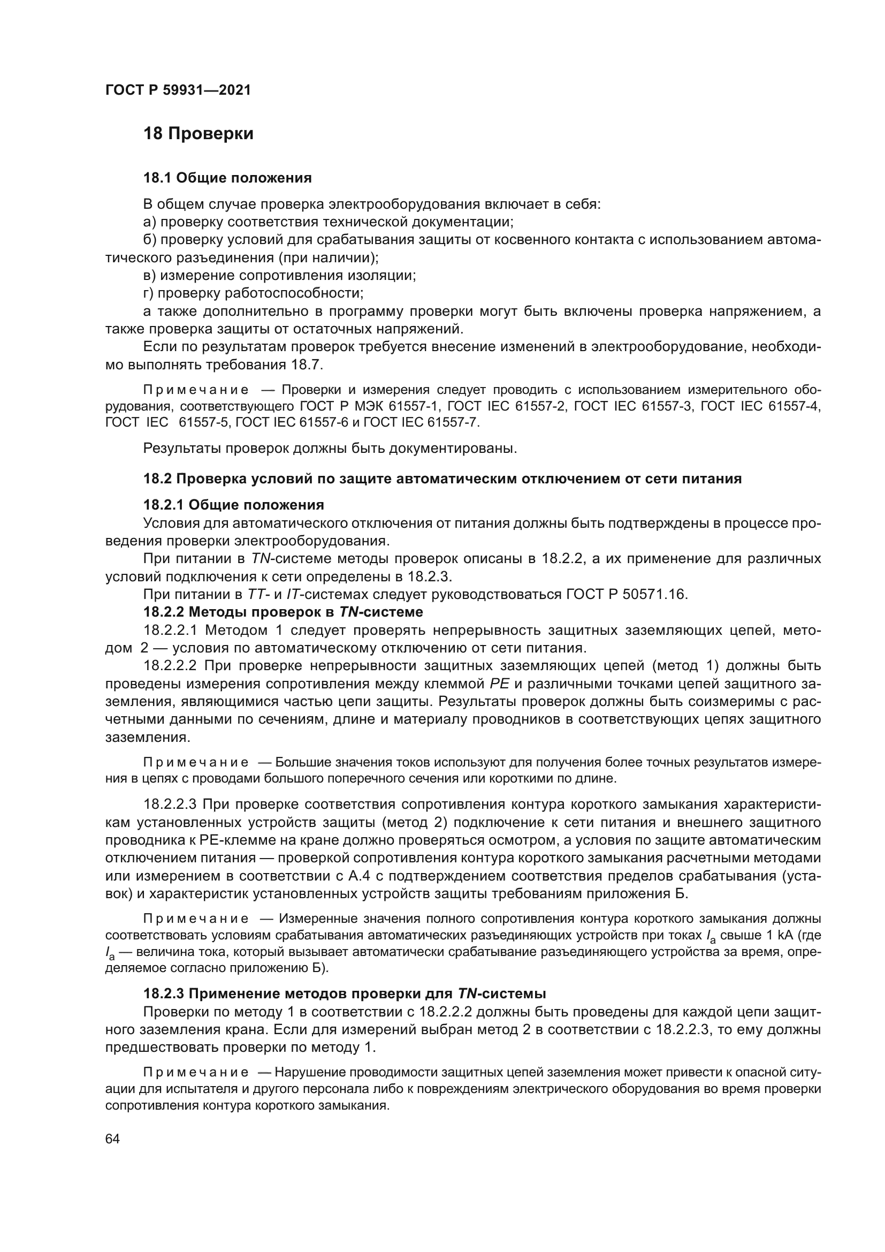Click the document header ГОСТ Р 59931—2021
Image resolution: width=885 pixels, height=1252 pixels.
[178, 90]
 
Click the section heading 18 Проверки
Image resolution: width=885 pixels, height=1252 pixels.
[199, 134]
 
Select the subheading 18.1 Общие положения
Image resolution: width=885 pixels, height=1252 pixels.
[227, 178]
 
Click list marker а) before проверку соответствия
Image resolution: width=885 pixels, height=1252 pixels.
[149, 223]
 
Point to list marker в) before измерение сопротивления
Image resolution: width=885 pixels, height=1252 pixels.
[149, 275]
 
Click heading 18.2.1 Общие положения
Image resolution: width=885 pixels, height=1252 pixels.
[233, 505]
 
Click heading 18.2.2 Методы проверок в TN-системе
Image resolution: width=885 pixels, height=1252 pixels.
[283, 612]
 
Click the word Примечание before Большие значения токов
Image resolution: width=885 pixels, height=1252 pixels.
[196, 762]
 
